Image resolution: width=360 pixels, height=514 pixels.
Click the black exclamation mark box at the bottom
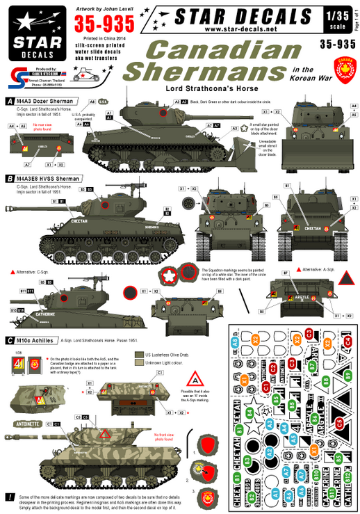pos(8,497)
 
